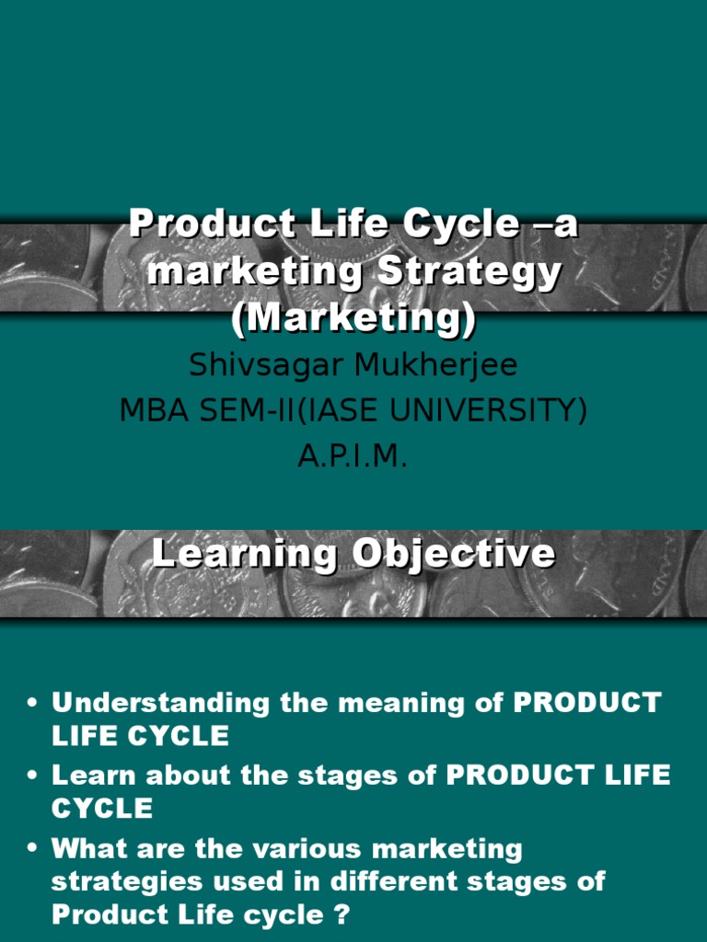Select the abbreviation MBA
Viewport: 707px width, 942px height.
pos(153,411)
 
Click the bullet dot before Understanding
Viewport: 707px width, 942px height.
pos(33,705)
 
